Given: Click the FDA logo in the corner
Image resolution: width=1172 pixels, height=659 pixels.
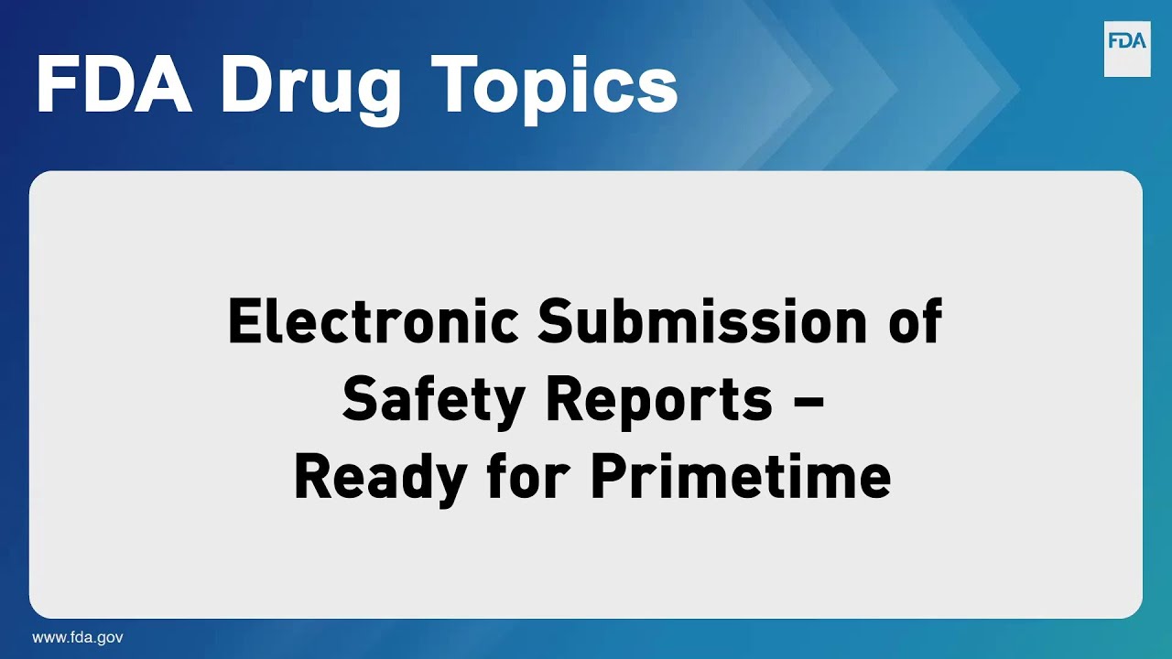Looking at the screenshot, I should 1126,49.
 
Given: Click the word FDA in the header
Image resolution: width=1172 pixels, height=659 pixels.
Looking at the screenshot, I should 113,85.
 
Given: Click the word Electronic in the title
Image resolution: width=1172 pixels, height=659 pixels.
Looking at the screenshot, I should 374,322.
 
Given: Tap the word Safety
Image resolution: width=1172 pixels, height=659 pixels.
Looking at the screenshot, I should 435,400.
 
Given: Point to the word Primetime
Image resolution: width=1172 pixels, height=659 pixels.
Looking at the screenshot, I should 740,477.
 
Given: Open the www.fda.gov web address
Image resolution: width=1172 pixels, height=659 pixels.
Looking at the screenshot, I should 78,638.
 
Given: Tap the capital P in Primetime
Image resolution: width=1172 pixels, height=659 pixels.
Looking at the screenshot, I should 606,477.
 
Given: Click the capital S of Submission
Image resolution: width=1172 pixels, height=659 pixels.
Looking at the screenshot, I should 559,322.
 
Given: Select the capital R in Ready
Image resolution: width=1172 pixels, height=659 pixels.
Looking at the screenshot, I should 313,477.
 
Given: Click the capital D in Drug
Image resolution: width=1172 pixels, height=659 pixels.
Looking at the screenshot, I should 246,85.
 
